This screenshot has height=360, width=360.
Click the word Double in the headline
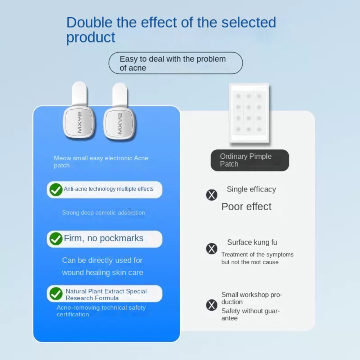[x=89, y=22]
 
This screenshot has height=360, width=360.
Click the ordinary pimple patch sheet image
[x=249, y=113]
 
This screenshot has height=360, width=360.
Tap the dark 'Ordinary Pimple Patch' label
[x=249, y=160]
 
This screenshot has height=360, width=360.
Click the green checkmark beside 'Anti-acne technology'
[x=56, y=189]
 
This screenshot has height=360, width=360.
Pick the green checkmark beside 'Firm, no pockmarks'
[x=56, y=239]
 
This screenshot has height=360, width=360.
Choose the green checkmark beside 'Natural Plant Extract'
[x=56, y=294]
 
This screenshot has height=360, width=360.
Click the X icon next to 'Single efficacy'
[x=212, y=195]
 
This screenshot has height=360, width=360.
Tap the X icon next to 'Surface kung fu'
[x=212, y=249]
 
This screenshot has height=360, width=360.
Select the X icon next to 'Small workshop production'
[x=212, y=305]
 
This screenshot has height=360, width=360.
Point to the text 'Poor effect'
[x=246, y=207]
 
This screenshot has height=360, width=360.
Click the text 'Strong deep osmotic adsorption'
[x=103, y=213]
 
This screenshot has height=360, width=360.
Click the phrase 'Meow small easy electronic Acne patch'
[x=101, y=162]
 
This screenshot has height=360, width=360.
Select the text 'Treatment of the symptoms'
[x=257, y=255]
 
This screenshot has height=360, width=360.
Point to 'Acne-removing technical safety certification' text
[x=101, y=311]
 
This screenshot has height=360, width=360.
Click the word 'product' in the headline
[x=91, y=38]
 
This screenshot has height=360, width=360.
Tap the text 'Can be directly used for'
[x=102, y=260]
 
